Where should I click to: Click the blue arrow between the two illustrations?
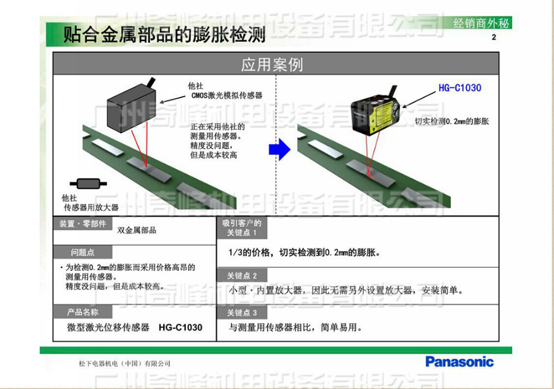(281, 149)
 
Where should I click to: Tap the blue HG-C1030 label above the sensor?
(459, 88)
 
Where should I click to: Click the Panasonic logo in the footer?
(460, 361)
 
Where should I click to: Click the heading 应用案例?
(276, 64)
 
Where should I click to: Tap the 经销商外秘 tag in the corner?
(482, 24)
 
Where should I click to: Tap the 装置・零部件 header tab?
(82, 223)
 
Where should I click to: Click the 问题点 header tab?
(82, 252)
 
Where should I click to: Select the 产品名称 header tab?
(82, 312)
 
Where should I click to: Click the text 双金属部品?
(137, 230)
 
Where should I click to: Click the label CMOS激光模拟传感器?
(227, 96)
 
